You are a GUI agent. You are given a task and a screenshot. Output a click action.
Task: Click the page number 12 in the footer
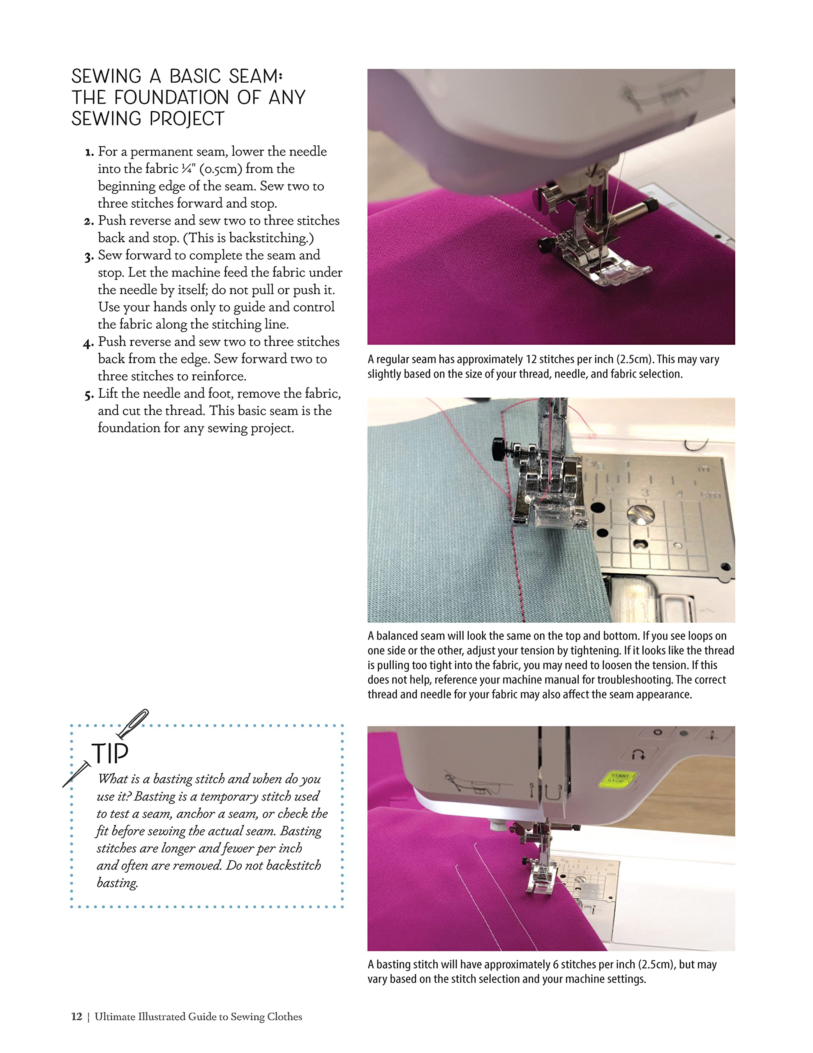click(x=76, y=1016)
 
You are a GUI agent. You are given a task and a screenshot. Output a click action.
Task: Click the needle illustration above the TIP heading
click(x=134, y=724)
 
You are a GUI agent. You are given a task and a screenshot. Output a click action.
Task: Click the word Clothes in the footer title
click(x=284, y=1016)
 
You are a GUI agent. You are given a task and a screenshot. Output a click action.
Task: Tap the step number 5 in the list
click(x=88, y=395)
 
